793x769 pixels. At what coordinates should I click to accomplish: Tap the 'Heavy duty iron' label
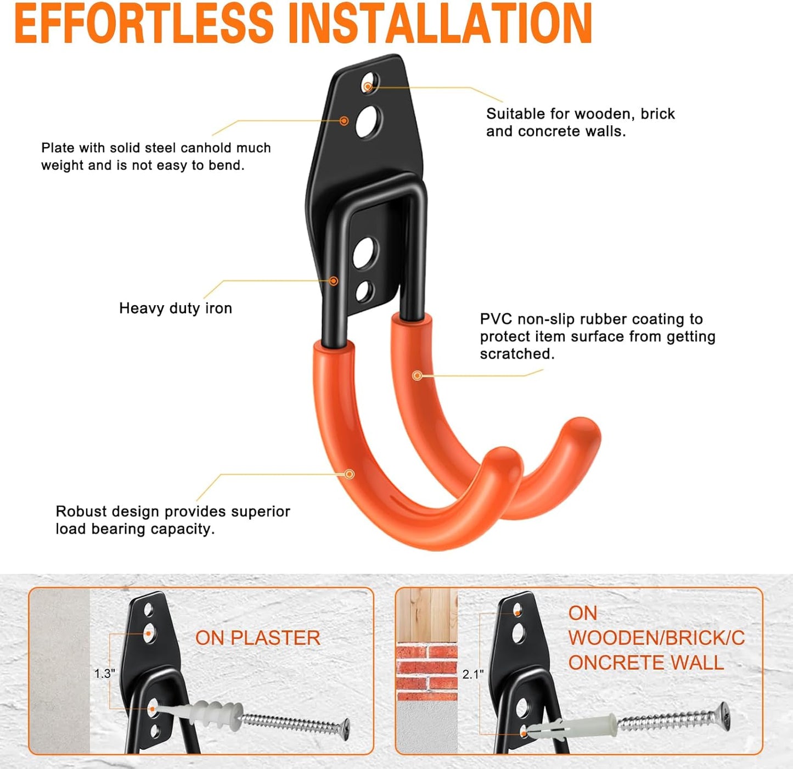pos(176,308)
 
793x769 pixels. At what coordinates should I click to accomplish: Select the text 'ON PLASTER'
pos(257,638)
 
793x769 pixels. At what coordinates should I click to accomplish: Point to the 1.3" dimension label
pos(104,673)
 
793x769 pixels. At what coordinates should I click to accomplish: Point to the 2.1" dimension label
pos(473,674)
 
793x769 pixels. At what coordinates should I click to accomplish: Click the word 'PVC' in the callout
pos(496,319)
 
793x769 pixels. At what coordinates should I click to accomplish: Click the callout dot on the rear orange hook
pos(417,375)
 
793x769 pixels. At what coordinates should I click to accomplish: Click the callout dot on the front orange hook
pos(350,474)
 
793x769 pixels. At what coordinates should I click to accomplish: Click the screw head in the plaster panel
pos(344,729)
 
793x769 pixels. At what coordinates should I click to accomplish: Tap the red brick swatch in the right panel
pos(426,672)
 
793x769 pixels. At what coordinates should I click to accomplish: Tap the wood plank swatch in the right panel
pos(426,615)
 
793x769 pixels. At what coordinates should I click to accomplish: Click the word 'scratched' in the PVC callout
pos(516,354)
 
